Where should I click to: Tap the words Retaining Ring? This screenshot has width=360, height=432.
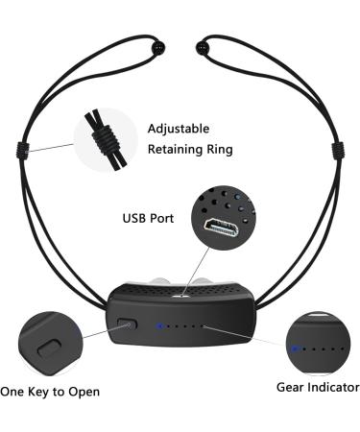[190, 150]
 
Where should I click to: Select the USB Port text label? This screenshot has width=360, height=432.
[148, 218]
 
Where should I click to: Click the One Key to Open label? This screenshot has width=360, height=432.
[50, 392]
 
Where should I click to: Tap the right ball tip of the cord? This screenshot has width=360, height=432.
[202, 45]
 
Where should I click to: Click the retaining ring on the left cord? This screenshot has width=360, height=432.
[21, 149]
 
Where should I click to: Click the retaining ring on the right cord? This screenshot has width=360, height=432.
[336, 148]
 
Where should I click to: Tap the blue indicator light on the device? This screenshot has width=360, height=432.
[159, 325]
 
